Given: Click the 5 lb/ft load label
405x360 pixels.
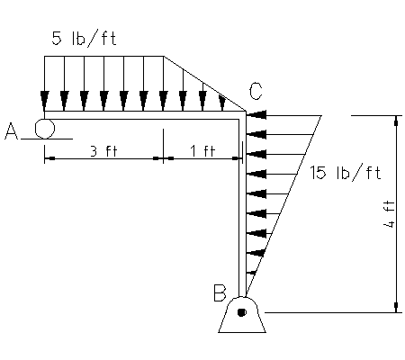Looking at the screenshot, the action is pyautogui.click(x=84, y=39).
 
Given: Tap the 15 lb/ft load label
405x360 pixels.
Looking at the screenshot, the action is pyautogui.click(x=345, y=173).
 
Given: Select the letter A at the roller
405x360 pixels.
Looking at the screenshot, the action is pyautogui.click(x=12, y=131).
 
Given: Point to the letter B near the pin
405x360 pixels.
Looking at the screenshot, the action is pyautogui.click(x=220, y=292).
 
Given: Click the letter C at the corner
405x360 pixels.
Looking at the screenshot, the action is pyautogui.click(x=256, y=91).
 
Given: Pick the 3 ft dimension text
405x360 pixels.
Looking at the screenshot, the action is pyautogui.click(x=103, y=150).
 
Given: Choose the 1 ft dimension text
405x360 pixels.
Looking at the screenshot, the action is pyautogui.click(x=203, y=150).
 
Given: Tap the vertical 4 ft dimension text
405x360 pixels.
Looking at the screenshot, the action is pyautogui.click(x=389, y=214).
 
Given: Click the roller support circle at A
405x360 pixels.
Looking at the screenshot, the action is pyautogui.click(x=45, y=129).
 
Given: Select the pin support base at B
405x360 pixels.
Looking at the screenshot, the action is pyautogui.click(x=242, y=315).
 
